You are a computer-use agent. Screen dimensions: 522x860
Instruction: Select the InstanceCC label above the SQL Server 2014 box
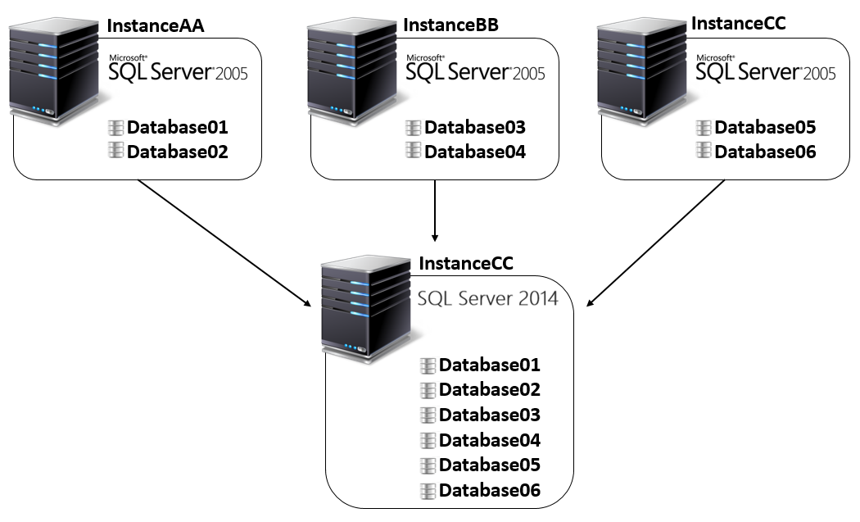(x=466, y=263)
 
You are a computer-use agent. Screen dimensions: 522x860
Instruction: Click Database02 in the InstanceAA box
(x=177, y=152)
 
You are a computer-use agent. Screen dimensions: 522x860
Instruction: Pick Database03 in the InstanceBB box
(x=474, y=127)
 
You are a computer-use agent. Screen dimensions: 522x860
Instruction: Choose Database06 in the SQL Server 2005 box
(x=765, y=152)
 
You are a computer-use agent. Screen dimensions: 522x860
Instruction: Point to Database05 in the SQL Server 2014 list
(x=490, y=465)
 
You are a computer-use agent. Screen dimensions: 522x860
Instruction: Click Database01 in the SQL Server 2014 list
(x=490, y=365)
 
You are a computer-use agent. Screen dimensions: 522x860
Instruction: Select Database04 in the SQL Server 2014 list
(x=490, y=440)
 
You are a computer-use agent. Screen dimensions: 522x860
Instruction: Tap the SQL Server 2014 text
(x=487, y=297)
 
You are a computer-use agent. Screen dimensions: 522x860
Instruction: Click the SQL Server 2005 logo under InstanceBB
(x=475, y=70)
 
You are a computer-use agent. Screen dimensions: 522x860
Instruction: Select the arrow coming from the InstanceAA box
(x=224, y=243)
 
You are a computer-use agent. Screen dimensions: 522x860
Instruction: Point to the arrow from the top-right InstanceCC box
(x=655, y=244)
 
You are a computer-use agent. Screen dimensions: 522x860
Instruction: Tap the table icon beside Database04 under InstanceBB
(x=414, y=151)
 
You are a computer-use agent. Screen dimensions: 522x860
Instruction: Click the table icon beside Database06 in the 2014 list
(x=428, y=491)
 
